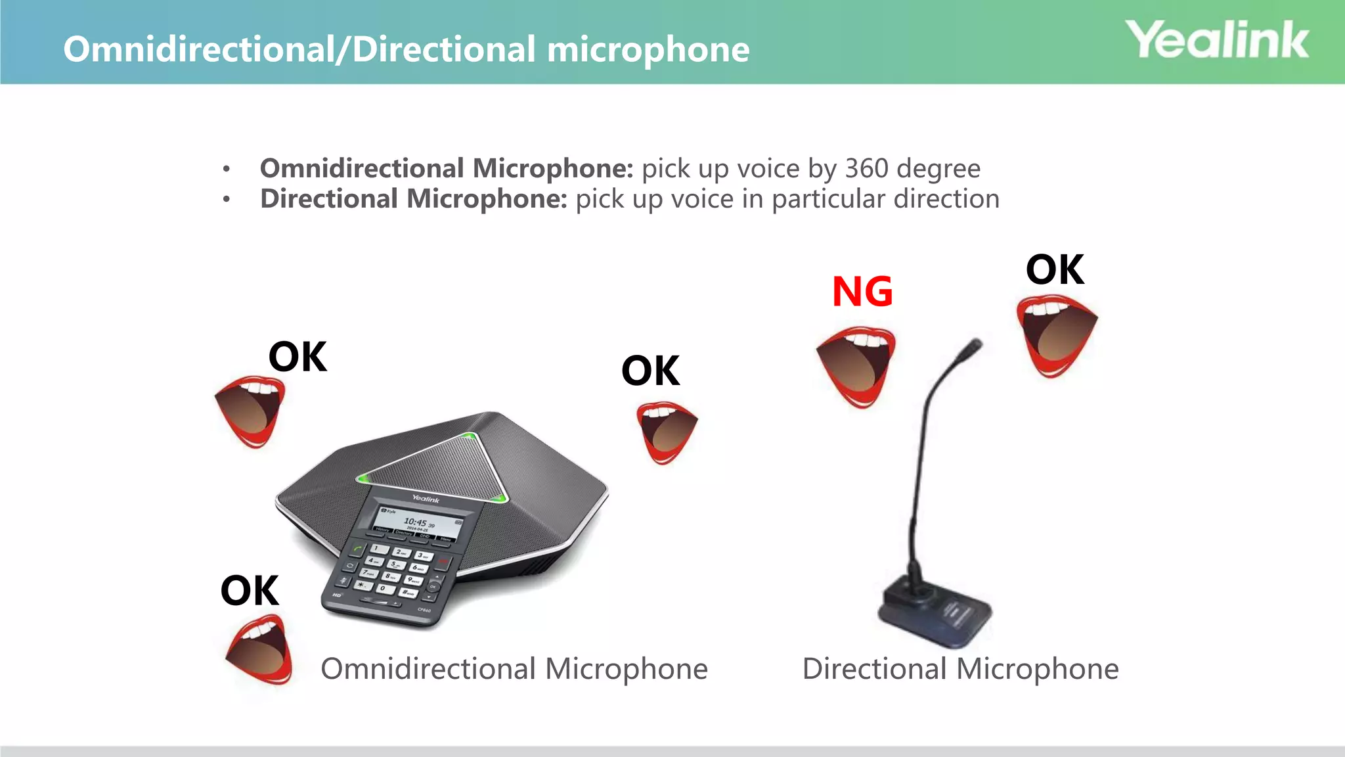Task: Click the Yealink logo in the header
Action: [1217, 40]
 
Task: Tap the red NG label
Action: [862, 292]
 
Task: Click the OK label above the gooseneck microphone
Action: [1055, 269]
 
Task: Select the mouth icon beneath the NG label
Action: [856, 366]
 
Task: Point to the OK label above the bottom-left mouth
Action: [250, 590]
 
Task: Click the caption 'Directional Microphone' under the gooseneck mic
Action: [960, 669]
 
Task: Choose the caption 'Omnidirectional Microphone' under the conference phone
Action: [514, 669]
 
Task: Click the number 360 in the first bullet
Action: [866, 168]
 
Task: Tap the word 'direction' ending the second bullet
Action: [946, 198]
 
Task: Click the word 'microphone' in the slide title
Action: [648, 49]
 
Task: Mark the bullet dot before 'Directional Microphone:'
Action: [227, 199]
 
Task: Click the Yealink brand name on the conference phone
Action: [426, 499]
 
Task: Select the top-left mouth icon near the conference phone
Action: [250, 411]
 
